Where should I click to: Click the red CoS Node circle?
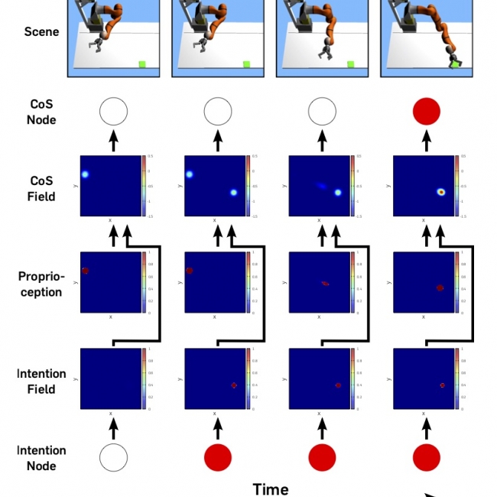point(427,113)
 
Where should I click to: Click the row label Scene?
point(41,32)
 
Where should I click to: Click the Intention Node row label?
point(41,457)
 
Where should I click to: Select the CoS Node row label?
point(41,112)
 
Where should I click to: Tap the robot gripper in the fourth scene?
point(453,60)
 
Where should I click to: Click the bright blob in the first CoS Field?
point(86,174)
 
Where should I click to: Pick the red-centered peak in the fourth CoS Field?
point(441,192)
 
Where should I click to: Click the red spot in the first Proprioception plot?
point(85,271)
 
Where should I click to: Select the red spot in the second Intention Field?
point(234,385)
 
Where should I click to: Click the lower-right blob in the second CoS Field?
point(234,193)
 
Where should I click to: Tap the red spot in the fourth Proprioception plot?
point(440,287)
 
